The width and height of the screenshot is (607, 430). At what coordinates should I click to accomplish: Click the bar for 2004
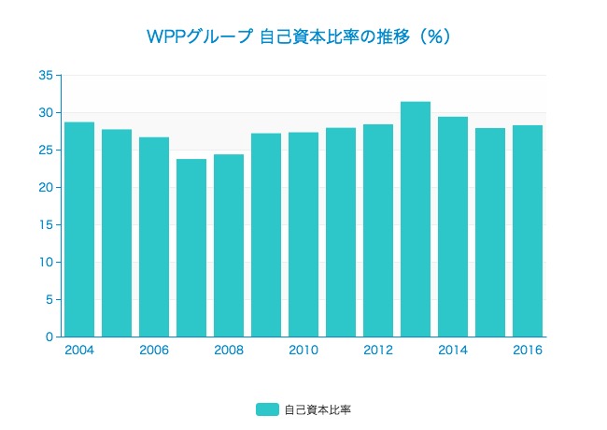click(x=79, y=229)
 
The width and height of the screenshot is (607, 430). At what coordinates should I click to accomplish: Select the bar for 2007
click(x=191, y=248)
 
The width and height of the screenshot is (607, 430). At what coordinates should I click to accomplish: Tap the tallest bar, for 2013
click(x=416, y=219)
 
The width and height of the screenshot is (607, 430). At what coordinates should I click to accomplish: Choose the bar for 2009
click(x=266, y=235)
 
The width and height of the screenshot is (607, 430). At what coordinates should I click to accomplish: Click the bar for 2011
click(x=341, y=232)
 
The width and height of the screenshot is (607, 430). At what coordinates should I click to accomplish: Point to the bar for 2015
click(x=490, y=232)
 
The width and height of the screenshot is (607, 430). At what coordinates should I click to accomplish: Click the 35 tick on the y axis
click(x=46, y=76)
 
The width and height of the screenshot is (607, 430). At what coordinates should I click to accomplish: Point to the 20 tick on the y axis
click(x=46, y=188)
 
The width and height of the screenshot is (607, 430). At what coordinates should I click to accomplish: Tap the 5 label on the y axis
click(x=49, y=300)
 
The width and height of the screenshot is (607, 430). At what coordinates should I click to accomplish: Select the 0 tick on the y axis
click(x=49, y=337)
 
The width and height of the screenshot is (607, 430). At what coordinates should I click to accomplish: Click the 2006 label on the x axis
click(x=154, y=351)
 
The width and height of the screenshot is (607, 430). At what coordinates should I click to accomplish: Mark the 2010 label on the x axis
click(x=303, y=351)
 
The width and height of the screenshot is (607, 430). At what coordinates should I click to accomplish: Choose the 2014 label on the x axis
click(x=453, y=351)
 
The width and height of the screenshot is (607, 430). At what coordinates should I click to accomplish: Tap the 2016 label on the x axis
click(x=528, y=351)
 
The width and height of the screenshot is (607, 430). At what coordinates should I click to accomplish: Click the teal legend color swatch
click(x=267, y=409)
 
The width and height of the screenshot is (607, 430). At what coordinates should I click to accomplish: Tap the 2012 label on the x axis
click(x=378, y=351)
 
